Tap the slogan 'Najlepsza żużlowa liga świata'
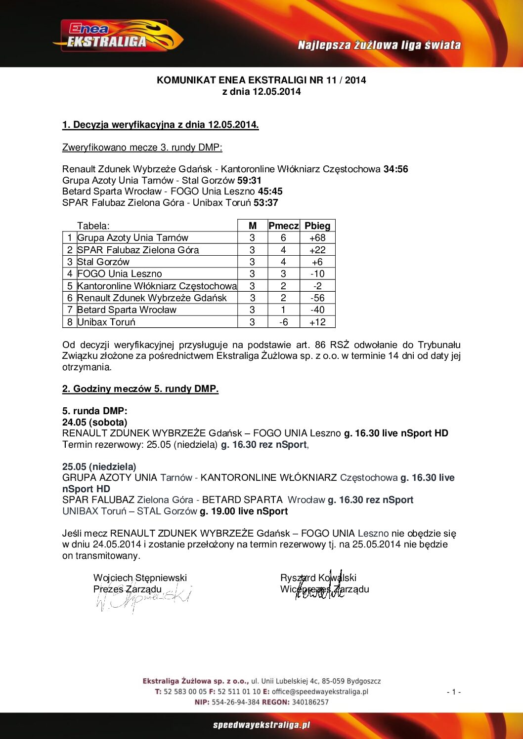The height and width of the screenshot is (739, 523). pos(379,45)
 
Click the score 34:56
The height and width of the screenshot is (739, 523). pos(395,169)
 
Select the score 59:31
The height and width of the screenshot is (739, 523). pos(249,181)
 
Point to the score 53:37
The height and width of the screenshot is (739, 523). pos(265,203)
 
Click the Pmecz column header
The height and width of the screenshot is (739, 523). pos(283,226)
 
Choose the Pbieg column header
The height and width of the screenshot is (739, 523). pos(317,226)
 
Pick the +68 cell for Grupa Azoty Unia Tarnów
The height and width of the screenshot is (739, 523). pos(317,238)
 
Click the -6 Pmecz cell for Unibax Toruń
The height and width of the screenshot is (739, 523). pos(283,322)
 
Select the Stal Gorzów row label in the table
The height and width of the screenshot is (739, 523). pos(103,262)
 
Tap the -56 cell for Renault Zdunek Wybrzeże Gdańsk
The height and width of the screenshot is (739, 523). pos(317,298)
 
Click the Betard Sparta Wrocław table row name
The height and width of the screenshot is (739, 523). pos(127,310)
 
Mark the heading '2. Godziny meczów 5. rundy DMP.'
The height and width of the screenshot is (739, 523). pos(140,389)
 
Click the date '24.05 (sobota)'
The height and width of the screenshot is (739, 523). pos(95,423)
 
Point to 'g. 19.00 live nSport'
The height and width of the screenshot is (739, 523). pos(244,511)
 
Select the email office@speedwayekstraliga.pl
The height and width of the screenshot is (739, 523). pos(320,692)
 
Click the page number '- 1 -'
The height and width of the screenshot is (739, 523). pos(454,692)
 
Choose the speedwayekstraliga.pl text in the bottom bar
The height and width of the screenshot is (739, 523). pos(261,725)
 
